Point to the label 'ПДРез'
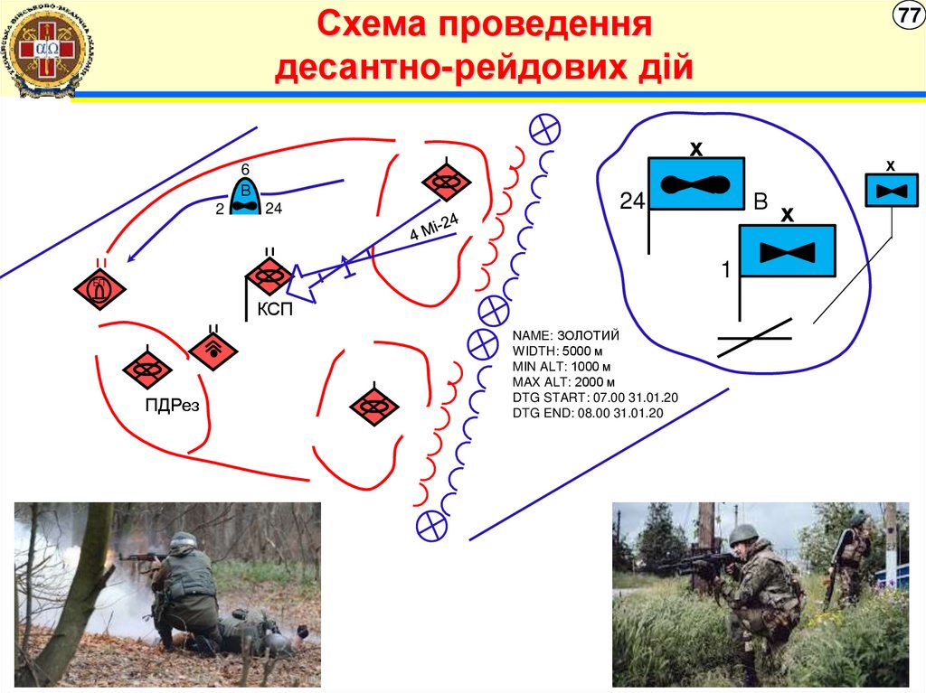coord(171,404)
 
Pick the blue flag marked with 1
coord(788,250)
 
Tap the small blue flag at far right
coord(892,190)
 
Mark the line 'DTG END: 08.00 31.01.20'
coord(588,413)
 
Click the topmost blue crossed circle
coord(544,129)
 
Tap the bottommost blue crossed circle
coord(431,523)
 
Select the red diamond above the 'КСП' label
coord(268,276)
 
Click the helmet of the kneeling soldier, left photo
coord(184,540)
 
